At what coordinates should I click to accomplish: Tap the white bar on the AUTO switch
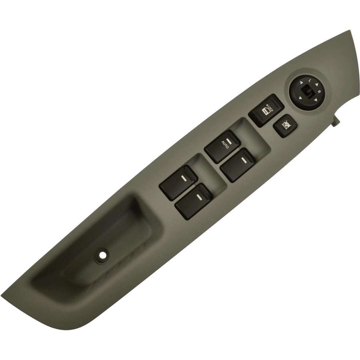tap(228, 140)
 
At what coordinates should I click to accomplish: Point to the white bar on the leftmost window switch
tap(183, 178)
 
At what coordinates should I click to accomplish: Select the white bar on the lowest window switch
tap(199, 196)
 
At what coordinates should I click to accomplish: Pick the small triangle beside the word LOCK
tap(267, 104)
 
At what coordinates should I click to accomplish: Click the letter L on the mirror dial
tap(310, 80)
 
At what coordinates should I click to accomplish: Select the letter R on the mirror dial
tap(319, 92)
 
